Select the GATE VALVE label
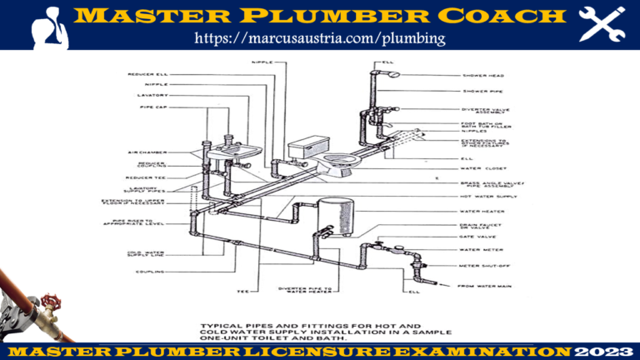[x=477, y=237]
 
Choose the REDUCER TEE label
[x=147, y=177]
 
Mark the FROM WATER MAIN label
[x=484, y=287]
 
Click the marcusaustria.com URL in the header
[x=320, y=38]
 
